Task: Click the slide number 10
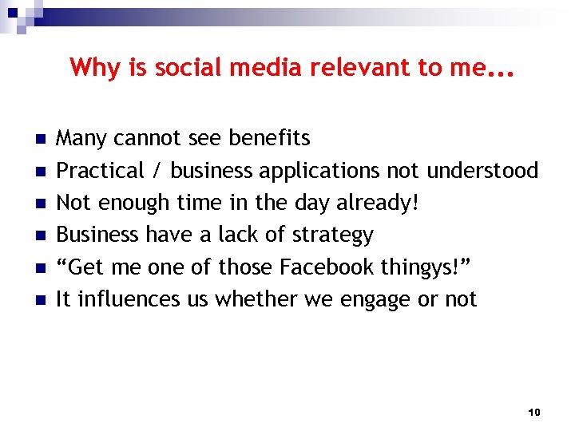[x=534, y=412]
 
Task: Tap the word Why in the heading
[x=94, y=68]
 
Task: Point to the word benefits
[x=269, y=139]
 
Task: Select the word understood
[x=482, y=171]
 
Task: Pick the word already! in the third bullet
[x=377, y=204]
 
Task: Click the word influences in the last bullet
[x=119, y=299]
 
